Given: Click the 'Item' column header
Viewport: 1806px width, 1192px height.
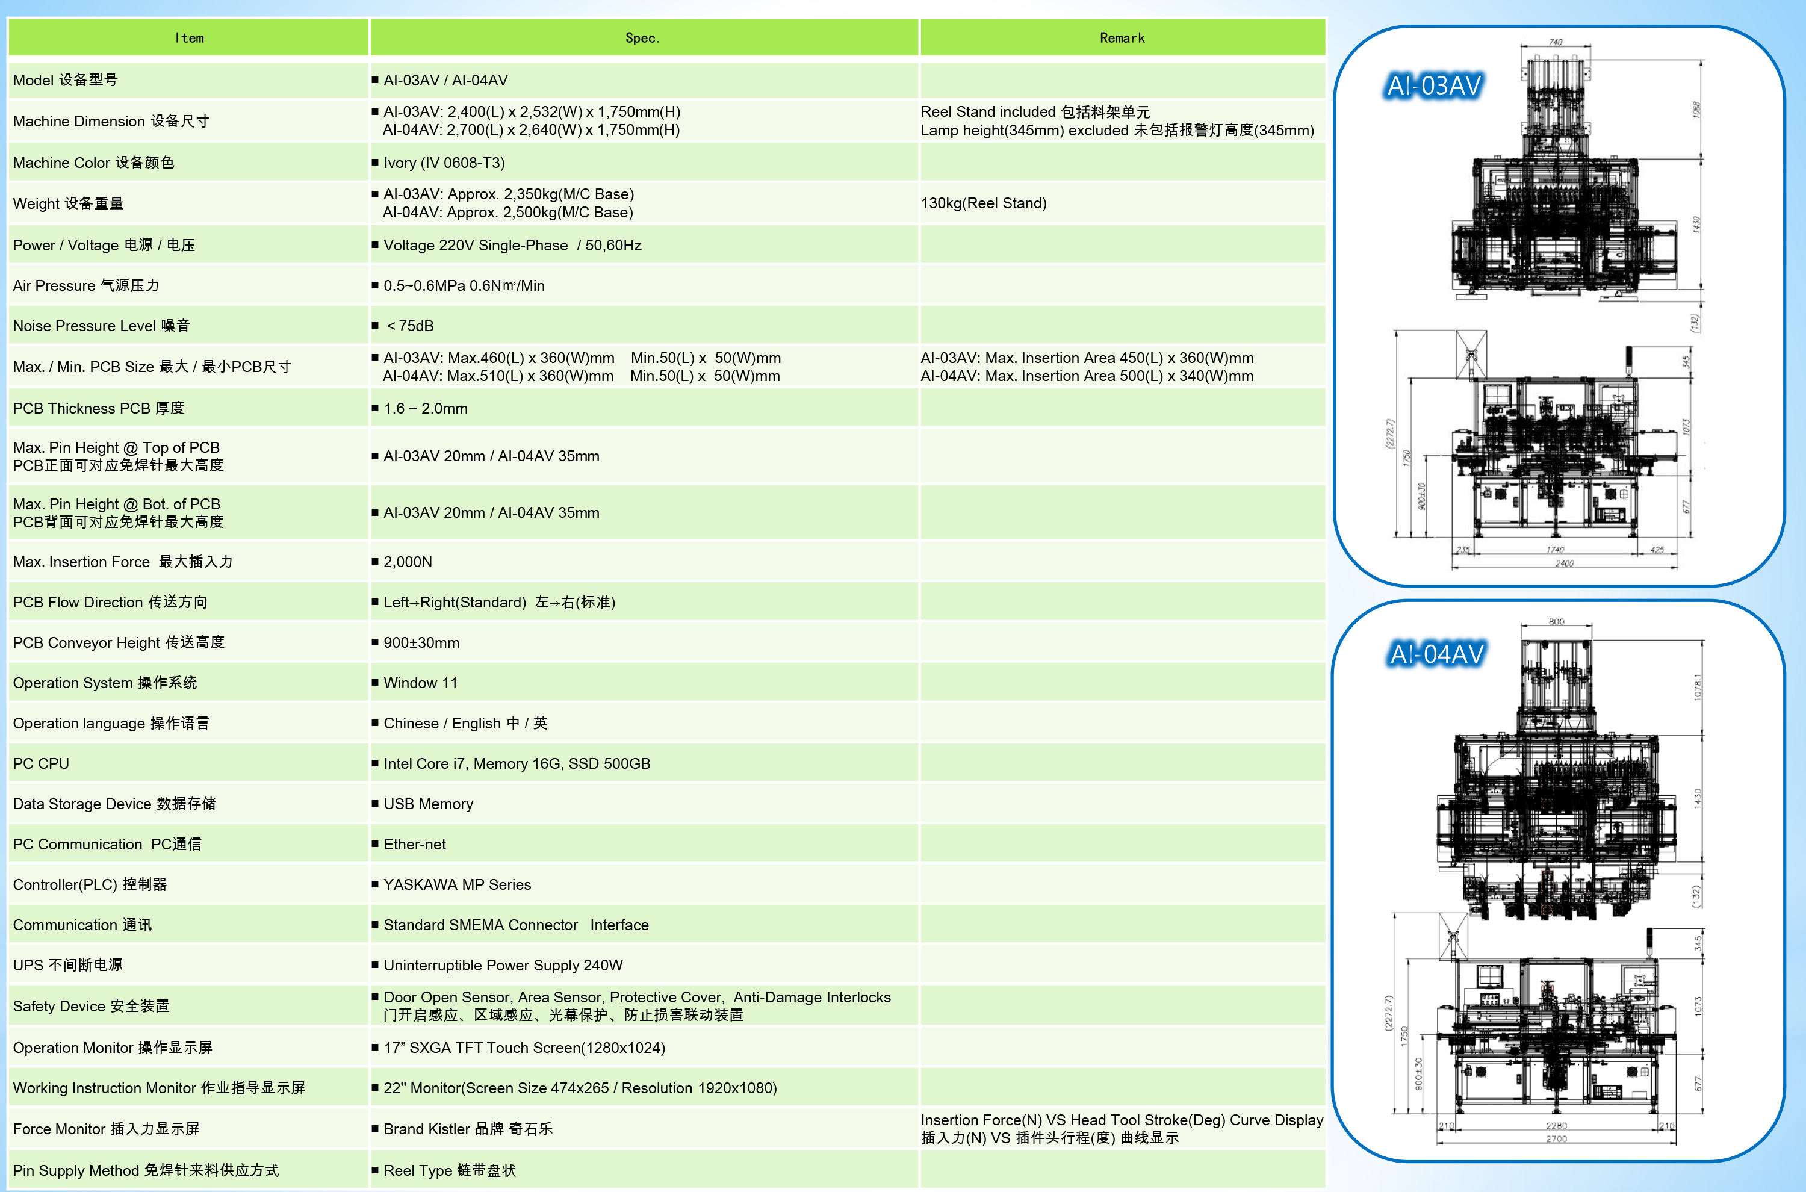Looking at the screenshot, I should click(x=189, y=38).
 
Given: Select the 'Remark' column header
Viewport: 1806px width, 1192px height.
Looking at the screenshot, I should click(x=1122, y=38).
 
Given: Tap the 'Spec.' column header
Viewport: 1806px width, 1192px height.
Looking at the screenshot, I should click(x=642, y=38).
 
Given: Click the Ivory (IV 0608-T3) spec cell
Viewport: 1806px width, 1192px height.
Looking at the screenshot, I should click(x=444, y=163).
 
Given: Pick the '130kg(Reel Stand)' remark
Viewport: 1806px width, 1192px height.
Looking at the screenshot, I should click(x=984, y=203).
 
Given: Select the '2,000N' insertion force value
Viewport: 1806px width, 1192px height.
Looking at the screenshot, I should click(x=408, y=562).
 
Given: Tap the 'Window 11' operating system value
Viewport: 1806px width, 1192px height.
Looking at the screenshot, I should click(x=420, y=683).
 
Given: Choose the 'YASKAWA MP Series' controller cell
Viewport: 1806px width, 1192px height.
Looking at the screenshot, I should click(x=457, y=884).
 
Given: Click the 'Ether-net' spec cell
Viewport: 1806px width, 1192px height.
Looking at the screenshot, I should click(x=414, y=844).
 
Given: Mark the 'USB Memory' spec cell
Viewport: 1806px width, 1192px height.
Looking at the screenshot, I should click(x=428, y=804).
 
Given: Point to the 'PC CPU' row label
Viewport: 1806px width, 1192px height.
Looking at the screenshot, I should click(x=41, y=763).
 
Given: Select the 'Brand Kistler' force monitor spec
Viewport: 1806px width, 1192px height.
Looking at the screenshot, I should click(x=468, y=1129).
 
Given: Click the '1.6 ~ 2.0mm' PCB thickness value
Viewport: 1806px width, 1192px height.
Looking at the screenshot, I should click(x=425, y=408).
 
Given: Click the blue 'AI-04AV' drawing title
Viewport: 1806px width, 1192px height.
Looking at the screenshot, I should click(x=1436, y=654).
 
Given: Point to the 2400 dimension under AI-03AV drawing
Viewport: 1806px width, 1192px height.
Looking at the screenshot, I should click(x=1564, y=563).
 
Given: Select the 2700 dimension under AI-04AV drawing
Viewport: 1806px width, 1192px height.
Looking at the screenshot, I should click(x=1556, y=1139).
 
